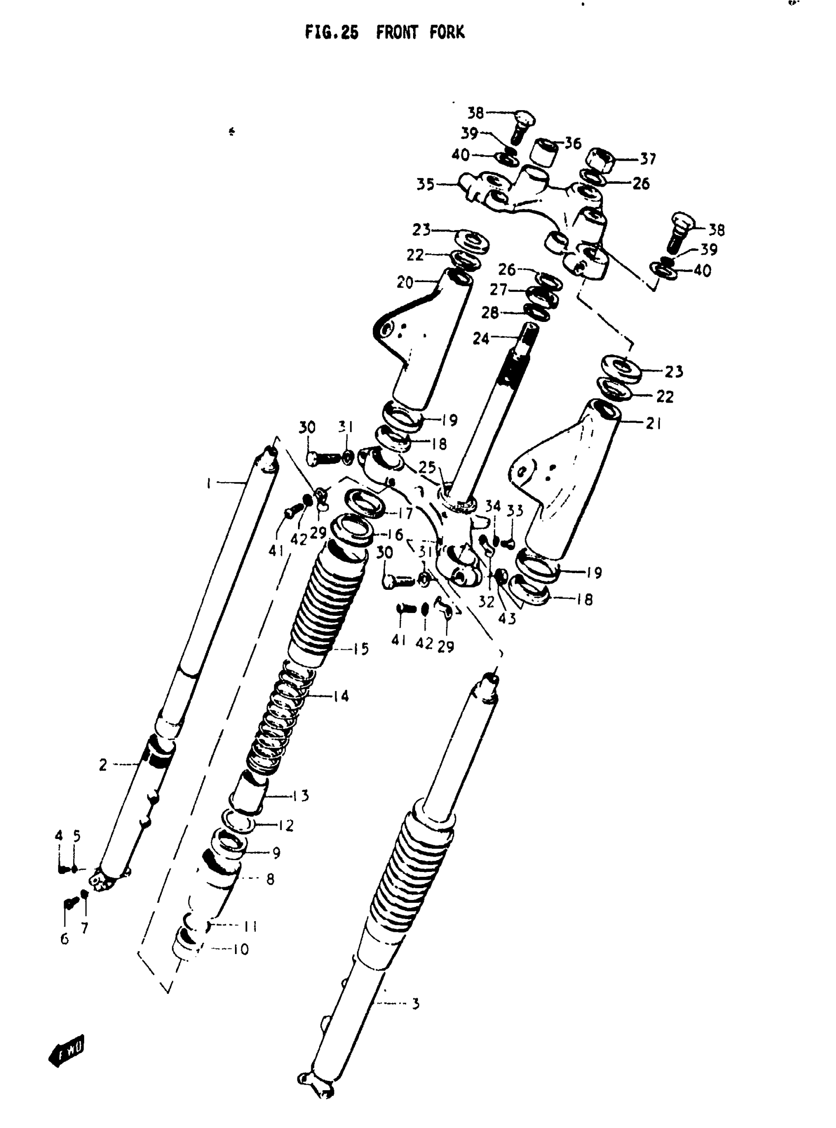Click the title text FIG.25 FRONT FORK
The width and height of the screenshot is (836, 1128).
click(384, 33)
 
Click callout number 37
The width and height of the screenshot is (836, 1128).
click(648, 159)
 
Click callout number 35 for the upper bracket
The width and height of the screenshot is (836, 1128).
click(425, 185)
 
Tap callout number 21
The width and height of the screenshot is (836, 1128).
click(654, 423)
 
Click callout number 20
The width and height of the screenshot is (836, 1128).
click(405, 283)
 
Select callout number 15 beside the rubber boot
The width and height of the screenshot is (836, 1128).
click(360, 649)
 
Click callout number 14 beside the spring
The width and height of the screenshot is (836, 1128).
click(342, 696)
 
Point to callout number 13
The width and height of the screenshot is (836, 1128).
click(300, 796)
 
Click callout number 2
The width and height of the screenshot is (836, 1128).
click(103, 765)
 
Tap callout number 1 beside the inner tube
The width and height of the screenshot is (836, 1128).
click(209, 484)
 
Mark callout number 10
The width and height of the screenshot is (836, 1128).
click(241, 950)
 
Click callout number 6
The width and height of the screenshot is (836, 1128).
click(64, 939)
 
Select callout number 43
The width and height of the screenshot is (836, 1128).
click(507, 618)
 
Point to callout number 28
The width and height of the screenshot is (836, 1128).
click(490, 313)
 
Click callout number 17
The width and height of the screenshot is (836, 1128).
click(405, 514)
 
